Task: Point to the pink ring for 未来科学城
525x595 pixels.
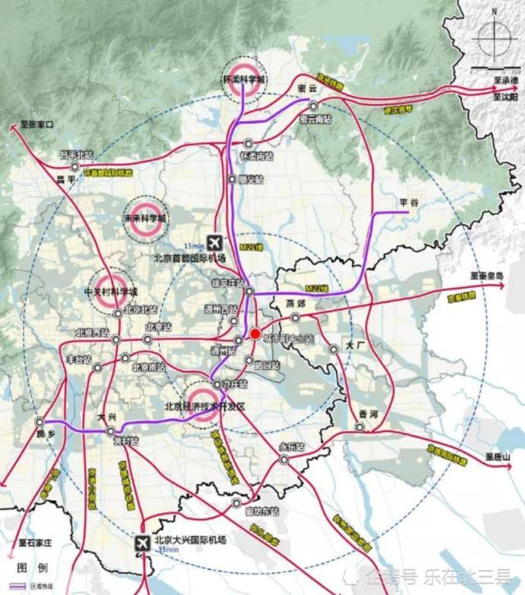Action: [144, 219]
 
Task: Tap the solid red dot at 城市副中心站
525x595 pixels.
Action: [255, 334]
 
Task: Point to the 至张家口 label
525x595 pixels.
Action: [32, 126]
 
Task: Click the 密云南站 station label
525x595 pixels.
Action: [315, 119]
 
